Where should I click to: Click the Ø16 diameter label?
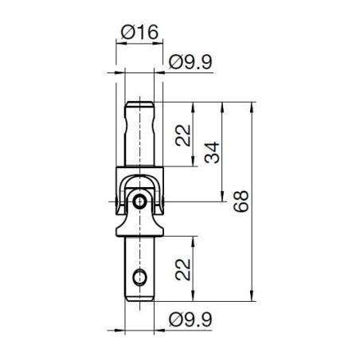coord(139,33)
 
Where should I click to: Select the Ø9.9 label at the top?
coord(191,61)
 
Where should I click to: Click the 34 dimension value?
coord(213,151)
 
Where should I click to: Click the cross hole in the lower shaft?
coord(140,278)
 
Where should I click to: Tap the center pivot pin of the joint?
coord(140,202)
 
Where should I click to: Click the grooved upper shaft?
coord(140,135)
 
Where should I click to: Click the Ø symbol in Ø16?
coord(127,33)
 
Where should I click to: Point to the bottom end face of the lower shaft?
coord(140,299)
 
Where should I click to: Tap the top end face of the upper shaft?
coord(140,103)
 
